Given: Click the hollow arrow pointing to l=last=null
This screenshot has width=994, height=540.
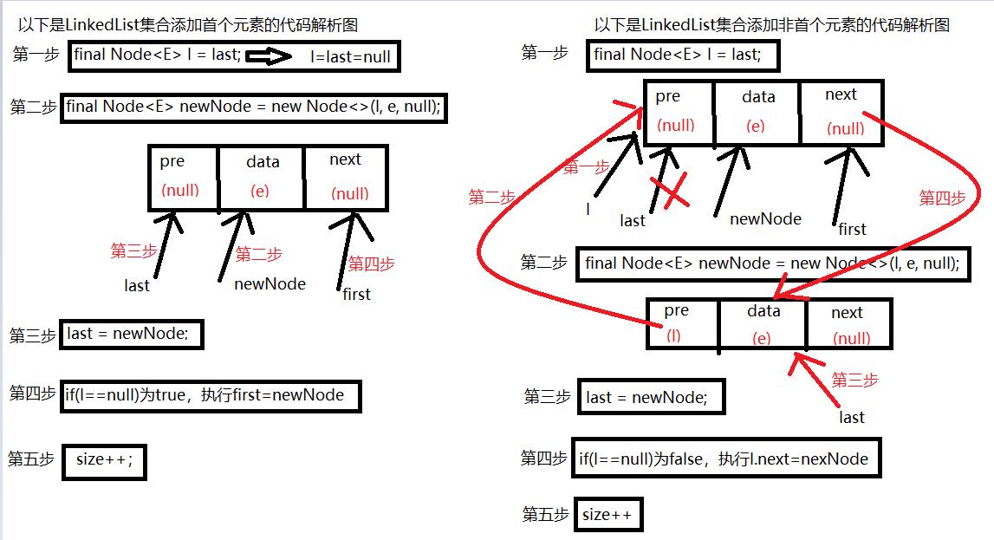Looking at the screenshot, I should pos(270,57).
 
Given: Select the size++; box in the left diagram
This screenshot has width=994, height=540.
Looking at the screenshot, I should pos(104,460).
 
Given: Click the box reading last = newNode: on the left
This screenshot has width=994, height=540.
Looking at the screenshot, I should pos(132,335).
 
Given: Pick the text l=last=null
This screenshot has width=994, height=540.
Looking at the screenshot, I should pos(350,58).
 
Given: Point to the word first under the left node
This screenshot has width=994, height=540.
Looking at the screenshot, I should pos(356,294).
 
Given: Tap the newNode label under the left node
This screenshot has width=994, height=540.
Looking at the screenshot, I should pos(270,283).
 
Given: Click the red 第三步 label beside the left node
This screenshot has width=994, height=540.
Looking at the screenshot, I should pos(134,251).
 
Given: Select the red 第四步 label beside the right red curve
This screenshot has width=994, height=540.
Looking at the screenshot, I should pos(941,198).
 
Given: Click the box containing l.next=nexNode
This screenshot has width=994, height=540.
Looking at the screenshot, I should pos(726,459).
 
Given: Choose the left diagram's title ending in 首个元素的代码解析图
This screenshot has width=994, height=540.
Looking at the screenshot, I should pos(187,25).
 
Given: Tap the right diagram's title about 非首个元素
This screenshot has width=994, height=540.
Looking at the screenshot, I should pos(771,25).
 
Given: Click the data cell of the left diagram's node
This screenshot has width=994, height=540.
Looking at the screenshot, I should pos(262,177).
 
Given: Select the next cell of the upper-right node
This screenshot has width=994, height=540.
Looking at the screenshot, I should pos(841,112).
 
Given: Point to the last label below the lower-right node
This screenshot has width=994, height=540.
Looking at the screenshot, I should pos(851,417).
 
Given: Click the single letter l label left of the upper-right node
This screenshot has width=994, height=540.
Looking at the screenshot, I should pos(588,209).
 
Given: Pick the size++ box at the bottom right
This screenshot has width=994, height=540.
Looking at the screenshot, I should pos(607,516).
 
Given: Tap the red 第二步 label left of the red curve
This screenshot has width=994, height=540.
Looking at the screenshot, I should pos(491,197).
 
